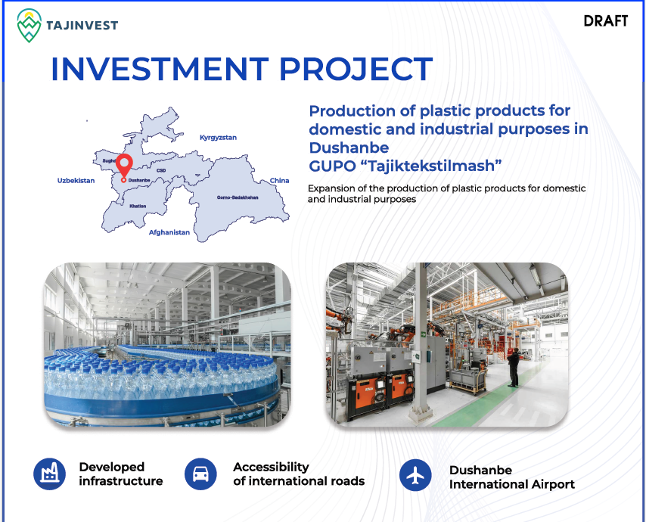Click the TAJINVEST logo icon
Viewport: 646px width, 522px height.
tap(29, 26)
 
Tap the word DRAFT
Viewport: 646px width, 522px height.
tap(606, 21)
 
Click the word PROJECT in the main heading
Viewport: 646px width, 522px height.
tap(356, 69)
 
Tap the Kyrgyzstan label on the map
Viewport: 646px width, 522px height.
tap(218, 138)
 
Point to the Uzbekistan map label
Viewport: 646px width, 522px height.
tap(76, 181)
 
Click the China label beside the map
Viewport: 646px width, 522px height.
tap(279, 181)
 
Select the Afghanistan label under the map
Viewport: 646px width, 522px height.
tap(169, 232)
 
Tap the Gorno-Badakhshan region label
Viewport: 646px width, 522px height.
tap(238, 197)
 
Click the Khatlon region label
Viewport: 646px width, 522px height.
tap(138, 206)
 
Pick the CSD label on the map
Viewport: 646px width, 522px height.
tap(161, 170)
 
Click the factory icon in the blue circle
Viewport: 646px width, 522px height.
tap(49, 474)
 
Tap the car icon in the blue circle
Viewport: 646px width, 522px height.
tap(200, 474)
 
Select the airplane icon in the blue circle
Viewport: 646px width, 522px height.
tap(415, 475)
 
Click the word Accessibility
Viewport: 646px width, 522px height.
tap(271, 468)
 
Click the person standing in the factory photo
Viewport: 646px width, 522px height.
tap(514, 367)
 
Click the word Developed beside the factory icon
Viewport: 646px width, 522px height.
tap(112, 468)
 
